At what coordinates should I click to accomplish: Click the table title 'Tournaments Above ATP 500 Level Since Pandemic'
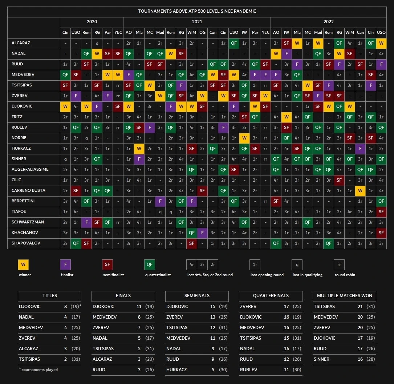(x=197, y=11)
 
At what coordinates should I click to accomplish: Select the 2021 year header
(x=197, y=22)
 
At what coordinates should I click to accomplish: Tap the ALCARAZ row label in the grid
(x=21, y=43)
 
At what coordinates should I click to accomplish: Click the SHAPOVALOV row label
(x=26, y=243)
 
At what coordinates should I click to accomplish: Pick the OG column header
(x=202, y=32)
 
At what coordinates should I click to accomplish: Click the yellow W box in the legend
(x=23, y=264)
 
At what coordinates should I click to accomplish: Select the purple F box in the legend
(x=65, y=264)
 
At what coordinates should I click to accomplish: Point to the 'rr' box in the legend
(x=339, y=264)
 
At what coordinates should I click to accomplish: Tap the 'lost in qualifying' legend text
(x=307, y=275)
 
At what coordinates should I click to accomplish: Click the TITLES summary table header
(x=49, y=296)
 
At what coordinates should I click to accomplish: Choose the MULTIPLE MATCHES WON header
(x=344, y=296)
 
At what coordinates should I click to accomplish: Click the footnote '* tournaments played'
(x=38, y=369)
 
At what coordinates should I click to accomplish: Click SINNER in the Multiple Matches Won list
(x=321, y=359)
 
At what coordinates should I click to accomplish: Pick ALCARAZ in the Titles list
(x=28, y=349)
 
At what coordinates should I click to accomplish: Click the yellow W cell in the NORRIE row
(x=244, y=138)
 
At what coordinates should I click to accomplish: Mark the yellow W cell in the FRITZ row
(x=287, y=117)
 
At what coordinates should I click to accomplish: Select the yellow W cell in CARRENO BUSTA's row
(x=360, y=191)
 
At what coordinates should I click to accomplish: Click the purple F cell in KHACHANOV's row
(x=202, y=233)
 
